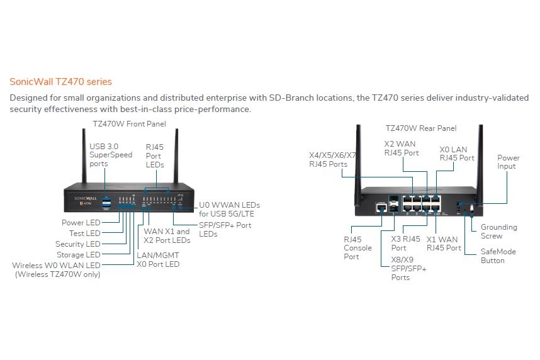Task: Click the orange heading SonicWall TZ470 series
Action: tap(60, 82)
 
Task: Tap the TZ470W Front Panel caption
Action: tap(129, 124)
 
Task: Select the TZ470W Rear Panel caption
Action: tap(421, 128)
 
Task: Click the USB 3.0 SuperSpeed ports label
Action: tap(111, 155)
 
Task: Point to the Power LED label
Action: tap(81, 223)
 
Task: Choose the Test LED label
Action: tap(85, 233)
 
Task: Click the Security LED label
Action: tap(78, 244)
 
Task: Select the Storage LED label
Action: tap(79, 255)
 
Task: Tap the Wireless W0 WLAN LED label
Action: tap(56, 270)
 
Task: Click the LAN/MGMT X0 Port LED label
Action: tap(158, 260)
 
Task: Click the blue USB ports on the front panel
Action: tap(106, 203)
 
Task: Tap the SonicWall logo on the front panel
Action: tap(86, 198)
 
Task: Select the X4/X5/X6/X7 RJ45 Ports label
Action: tap(332, 159)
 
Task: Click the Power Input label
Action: tap(509, 162)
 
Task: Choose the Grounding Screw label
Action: tap(499, 232)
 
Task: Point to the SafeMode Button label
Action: tap(498, 256)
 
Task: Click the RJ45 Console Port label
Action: tap(357, 248)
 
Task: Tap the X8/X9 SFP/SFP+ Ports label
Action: tap(409, 269)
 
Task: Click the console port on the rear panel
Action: tap(381, 208)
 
